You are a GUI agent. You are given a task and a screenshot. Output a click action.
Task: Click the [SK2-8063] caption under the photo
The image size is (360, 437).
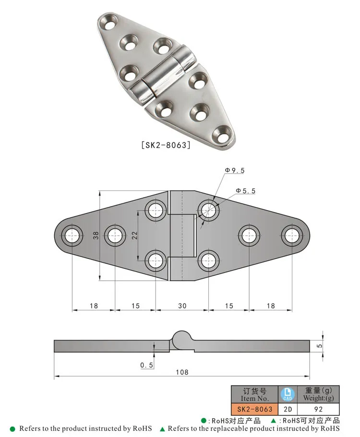[x=166, y=144]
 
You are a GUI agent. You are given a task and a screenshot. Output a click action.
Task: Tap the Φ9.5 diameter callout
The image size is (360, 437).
[x=235, y=170]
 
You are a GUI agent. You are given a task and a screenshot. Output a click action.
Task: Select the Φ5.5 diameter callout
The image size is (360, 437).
[x=245, y=191]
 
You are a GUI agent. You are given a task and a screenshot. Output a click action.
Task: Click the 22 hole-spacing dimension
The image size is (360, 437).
[x=135, y=236]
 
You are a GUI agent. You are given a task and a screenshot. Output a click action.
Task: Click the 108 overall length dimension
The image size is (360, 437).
[x=181, y=372]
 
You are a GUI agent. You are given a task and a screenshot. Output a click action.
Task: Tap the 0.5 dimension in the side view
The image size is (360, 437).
[x=146, y=366]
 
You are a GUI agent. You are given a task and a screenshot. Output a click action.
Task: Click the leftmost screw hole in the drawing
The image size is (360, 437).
[x=72, y=236]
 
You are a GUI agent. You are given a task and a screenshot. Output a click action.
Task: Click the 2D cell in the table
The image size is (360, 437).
[x=288, y=409]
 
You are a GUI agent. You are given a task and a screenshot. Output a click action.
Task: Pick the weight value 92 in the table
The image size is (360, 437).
[x=318, y=409]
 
